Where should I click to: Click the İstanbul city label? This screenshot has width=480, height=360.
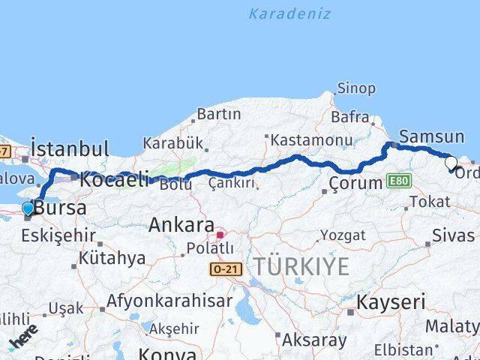(x=70, y=148)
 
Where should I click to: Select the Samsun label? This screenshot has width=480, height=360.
(x=432, y=136)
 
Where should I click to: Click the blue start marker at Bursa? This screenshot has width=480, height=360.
(x=28, y=208)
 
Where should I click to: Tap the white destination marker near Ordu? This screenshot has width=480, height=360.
(x=451, y=162)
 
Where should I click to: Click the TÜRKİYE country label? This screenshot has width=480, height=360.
(x=301, y=265)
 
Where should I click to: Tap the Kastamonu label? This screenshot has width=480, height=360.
(x=311, y=140)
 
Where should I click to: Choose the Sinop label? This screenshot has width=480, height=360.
(x=356, y=88)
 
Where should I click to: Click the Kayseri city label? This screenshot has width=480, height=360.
(x=390, y=302)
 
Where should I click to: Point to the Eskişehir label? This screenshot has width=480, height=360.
(x=58, y=236)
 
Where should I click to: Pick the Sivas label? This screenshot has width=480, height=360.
(x=453, y=235)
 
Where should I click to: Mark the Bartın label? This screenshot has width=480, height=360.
(x=218, y=114)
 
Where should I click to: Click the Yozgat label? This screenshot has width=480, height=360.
(x=343, y=235)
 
